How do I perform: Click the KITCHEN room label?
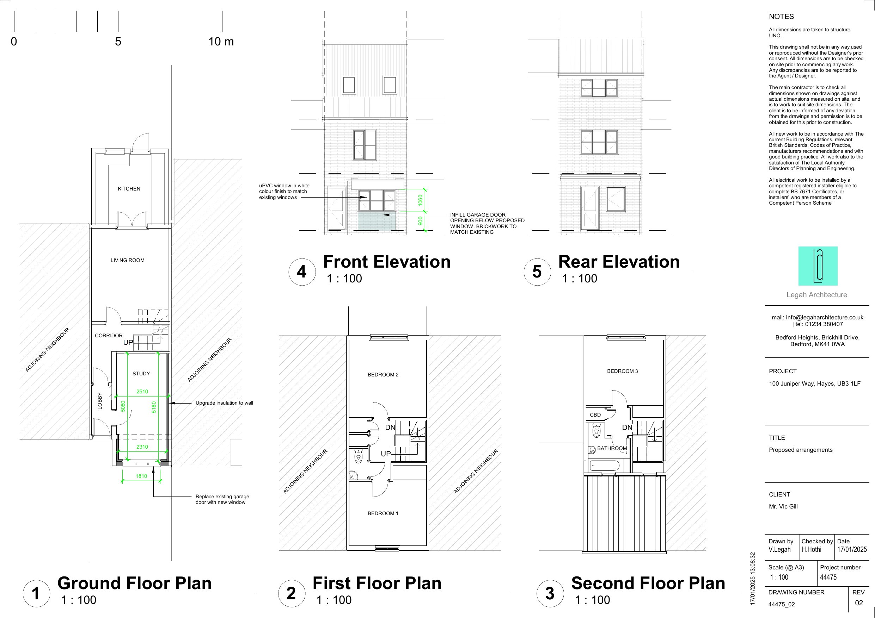(x=129, y=189)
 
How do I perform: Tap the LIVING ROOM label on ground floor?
(x=127, y=261)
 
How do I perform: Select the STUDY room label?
(x=141, y=374)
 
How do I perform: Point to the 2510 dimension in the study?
(x=142, y=392)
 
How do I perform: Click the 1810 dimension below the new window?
(x=141, y=476)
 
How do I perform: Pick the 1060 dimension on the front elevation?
(x=420, y=200)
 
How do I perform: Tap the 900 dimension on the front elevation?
(x=420, y=221)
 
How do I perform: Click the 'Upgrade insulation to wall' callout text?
(x=224, y=403)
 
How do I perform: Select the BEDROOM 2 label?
(x=383, y=375)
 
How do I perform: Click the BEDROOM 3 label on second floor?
(x=622, y=371)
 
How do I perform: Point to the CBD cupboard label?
(x=595, y=415)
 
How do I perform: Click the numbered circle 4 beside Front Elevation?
(x=302, y=272)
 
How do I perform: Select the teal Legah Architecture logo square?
(x=818, y=266)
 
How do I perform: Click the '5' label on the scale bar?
(x=118, y=42)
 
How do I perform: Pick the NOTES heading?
(x=781, y=17)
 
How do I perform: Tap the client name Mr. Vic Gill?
(x=783, y=506)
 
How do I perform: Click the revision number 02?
(x=859, y=603)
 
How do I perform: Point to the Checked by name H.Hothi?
(x=811, y=549)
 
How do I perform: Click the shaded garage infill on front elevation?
(x=377, y=221)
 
